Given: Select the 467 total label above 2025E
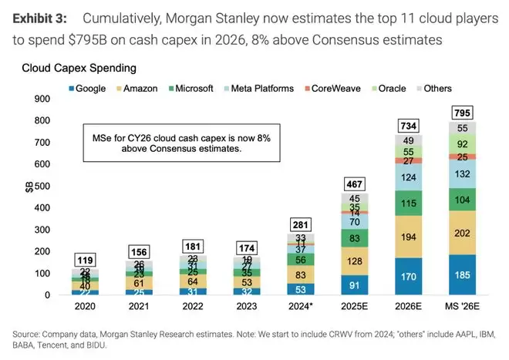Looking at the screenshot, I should coord(354,184).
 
